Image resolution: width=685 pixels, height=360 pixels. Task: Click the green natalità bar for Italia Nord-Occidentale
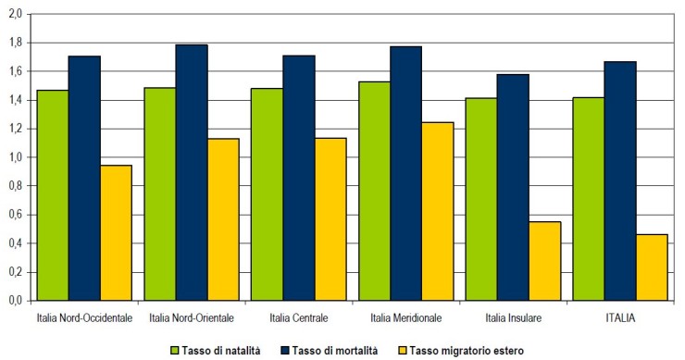[52, 195]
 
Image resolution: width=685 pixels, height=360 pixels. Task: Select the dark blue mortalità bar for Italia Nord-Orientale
[191, 172]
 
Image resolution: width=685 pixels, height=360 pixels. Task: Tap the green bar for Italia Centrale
[267, 194]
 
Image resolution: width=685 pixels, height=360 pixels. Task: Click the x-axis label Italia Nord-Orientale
[191, 317]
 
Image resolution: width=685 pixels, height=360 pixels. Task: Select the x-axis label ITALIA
[620, 317]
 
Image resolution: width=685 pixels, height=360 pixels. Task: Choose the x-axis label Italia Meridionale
[405, 317]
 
